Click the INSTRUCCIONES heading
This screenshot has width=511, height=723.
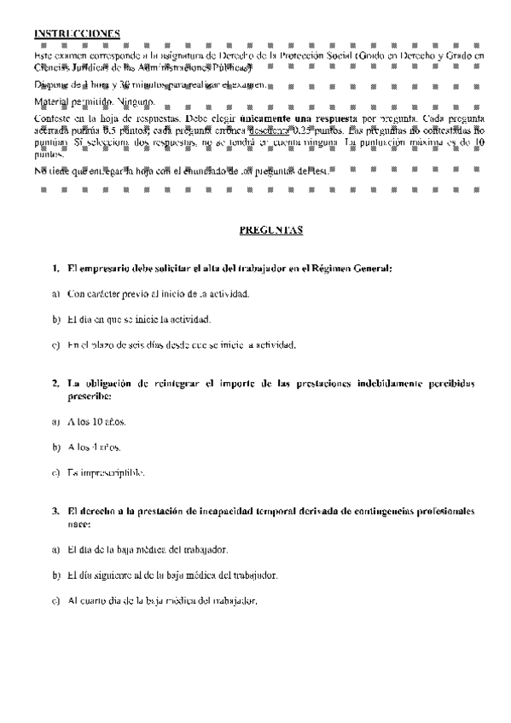pos(77,33)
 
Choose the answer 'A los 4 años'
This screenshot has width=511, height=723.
pos(90,447)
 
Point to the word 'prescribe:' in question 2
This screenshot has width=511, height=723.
pos(90,396)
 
